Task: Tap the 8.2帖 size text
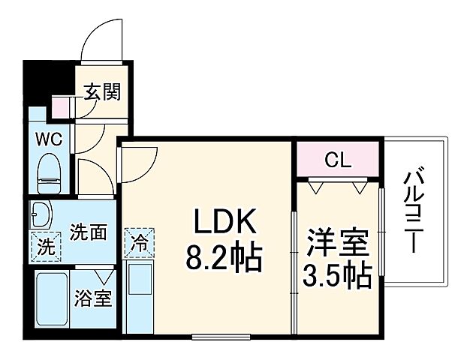pos(223,259)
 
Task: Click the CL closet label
pos(337,159)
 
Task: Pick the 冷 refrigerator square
pos(140,243)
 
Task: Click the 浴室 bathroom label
pos(94,298)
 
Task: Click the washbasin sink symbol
pos(42,215)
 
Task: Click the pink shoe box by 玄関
pos(61,106)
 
